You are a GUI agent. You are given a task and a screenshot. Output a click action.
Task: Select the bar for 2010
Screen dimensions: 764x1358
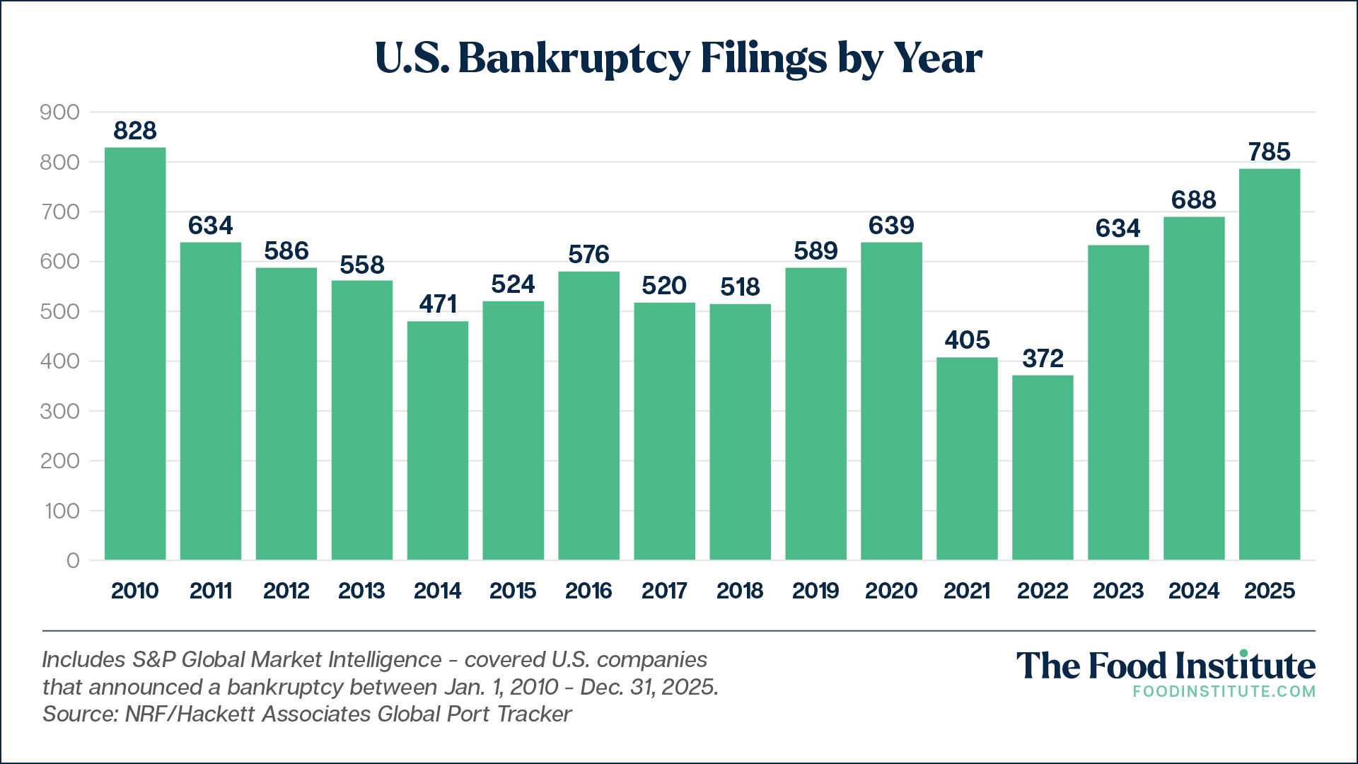135,354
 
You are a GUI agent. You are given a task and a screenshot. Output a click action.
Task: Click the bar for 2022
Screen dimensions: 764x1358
1043,468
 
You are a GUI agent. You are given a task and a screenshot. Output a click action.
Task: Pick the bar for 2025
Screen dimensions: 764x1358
1270,364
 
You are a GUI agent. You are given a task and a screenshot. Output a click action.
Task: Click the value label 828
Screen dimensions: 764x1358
135,131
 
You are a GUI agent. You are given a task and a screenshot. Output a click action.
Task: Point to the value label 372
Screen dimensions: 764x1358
1043,359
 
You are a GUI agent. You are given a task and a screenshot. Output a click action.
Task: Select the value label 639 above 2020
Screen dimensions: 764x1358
891,226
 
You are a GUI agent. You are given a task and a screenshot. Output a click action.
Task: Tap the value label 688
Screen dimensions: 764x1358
1194,200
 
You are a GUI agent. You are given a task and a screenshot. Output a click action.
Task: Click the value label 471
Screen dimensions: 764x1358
438,304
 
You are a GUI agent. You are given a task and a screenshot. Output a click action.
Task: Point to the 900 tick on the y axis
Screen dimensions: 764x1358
60,112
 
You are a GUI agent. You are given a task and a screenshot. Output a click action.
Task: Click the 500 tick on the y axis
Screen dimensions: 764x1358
60,312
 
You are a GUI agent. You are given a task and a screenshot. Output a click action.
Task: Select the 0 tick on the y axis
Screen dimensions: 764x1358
73,561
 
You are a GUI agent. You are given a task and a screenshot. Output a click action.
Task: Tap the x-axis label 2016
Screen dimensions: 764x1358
588,591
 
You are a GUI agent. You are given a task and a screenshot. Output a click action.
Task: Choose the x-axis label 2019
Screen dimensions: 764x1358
816,591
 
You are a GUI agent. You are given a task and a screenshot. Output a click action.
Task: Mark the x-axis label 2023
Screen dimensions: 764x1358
1118,591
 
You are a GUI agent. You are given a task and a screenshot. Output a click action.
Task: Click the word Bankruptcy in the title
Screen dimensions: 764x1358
574,59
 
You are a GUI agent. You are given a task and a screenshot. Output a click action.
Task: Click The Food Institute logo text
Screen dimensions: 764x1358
1166,666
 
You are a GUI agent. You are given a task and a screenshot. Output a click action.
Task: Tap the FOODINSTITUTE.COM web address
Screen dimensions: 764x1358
1224,692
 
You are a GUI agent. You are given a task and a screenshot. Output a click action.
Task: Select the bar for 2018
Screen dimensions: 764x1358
740,432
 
